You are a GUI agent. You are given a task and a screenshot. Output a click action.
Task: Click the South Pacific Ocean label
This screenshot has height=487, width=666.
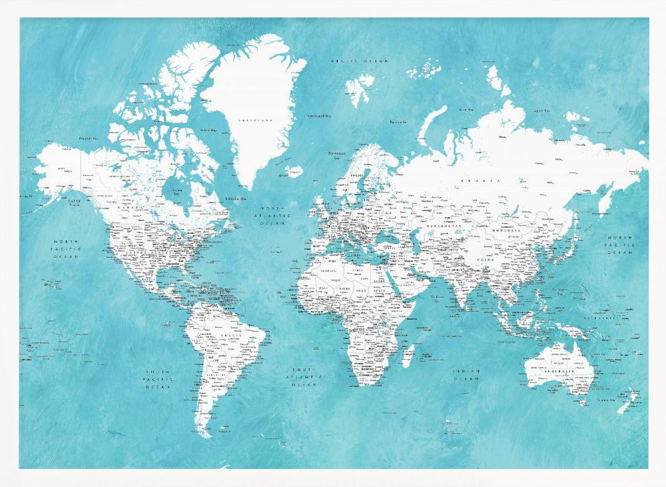point(159,378)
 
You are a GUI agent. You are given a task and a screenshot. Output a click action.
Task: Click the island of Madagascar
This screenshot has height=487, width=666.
point(408,355)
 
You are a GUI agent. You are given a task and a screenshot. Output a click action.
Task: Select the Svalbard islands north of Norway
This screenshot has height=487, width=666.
point(360,87)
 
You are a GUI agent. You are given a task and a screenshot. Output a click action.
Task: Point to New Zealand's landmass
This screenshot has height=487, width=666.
point(627,402)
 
